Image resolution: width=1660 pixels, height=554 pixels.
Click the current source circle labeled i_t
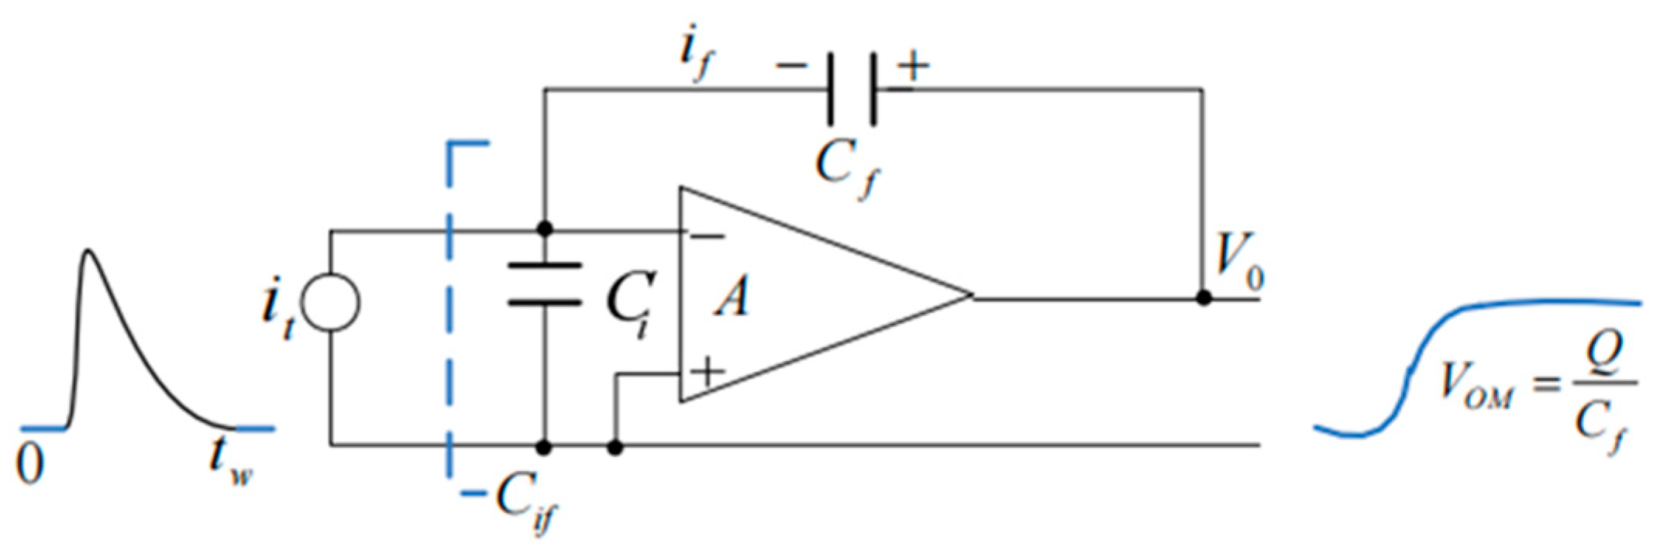(x=330, y=302)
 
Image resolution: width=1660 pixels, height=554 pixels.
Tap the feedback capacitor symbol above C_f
(x=852, y=89)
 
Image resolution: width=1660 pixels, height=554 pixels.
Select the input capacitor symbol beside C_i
(x=544, y=284)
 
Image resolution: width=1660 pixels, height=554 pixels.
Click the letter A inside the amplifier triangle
(x=732, y=298)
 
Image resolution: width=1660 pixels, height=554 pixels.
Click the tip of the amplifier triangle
(x=971, y=295)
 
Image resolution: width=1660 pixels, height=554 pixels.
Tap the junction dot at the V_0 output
(x=1203, y=297)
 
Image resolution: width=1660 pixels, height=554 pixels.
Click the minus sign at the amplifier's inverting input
(x=706, y=236)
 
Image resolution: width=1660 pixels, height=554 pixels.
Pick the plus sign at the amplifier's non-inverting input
(x=706, y=373)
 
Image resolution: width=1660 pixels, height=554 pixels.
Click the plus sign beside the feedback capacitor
(x=913, y=65)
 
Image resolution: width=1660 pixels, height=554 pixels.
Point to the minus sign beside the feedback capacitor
(x=790, y=65)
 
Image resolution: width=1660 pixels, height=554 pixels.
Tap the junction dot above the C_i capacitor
(x=544, y=229)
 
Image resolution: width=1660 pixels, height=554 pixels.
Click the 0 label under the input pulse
(x=29, y=465)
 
